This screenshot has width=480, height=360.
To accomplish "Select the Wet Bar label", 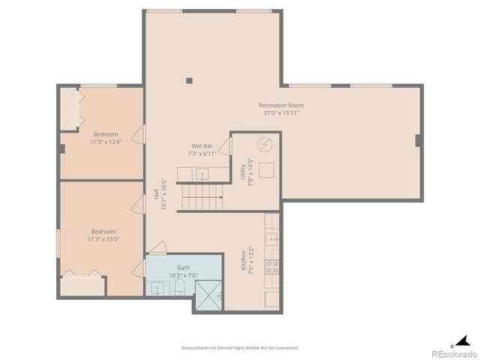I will coord(201,145).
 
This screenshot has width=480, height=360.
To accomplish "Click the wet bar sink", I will coord(201,175).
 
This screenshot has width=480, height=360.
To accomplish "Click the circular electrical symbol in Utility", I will coord(263,144).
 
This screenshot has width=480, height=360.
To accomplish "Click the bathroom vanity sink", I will coord(157,287).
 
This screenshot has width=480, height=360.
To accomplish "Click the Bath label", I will coord(183,268).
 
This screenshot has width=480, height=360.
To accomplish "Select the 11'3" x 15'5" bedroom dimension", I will coord(103,239).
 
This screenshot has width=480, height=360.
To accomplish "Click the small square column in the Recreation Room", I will coord(190,80).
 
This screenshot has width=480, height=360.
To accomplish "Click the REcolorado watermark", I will coord(452,352).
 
